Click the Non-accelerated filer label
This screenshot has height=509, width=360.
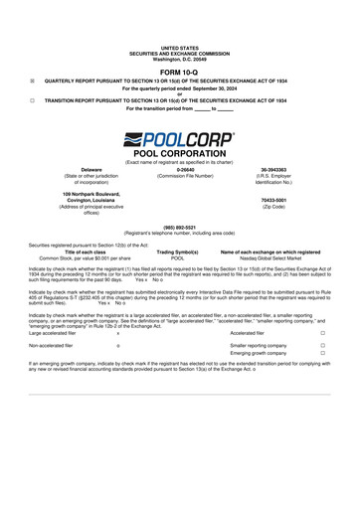click(x=52, y=345)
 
